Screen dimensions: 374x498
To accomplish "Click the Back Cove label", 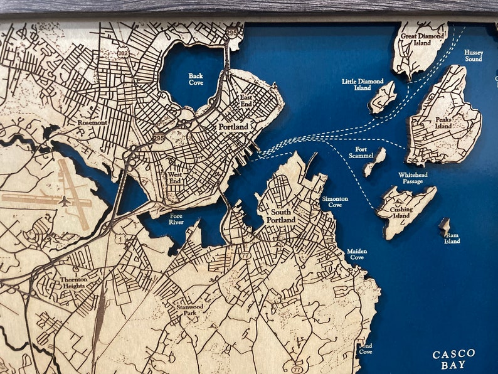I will tap(196, 78).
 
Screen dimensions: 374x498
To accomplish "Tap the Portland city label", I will tap(233, 127).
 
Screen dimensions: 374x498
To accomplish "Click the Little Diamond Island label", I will tap(363, 85).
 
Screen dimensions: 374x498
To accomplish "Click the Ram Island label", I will tap(452, 238).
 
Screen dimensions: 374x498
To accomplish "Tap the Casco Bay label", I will tap(453, 359).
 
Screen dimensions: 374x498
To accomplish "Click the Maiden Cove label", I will tap(356, 254).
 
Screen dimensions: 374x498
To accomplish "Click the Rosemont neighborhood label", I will tap(93, 122).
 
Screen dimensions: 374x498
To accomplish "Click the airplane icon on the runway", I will tap(65, 201).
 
